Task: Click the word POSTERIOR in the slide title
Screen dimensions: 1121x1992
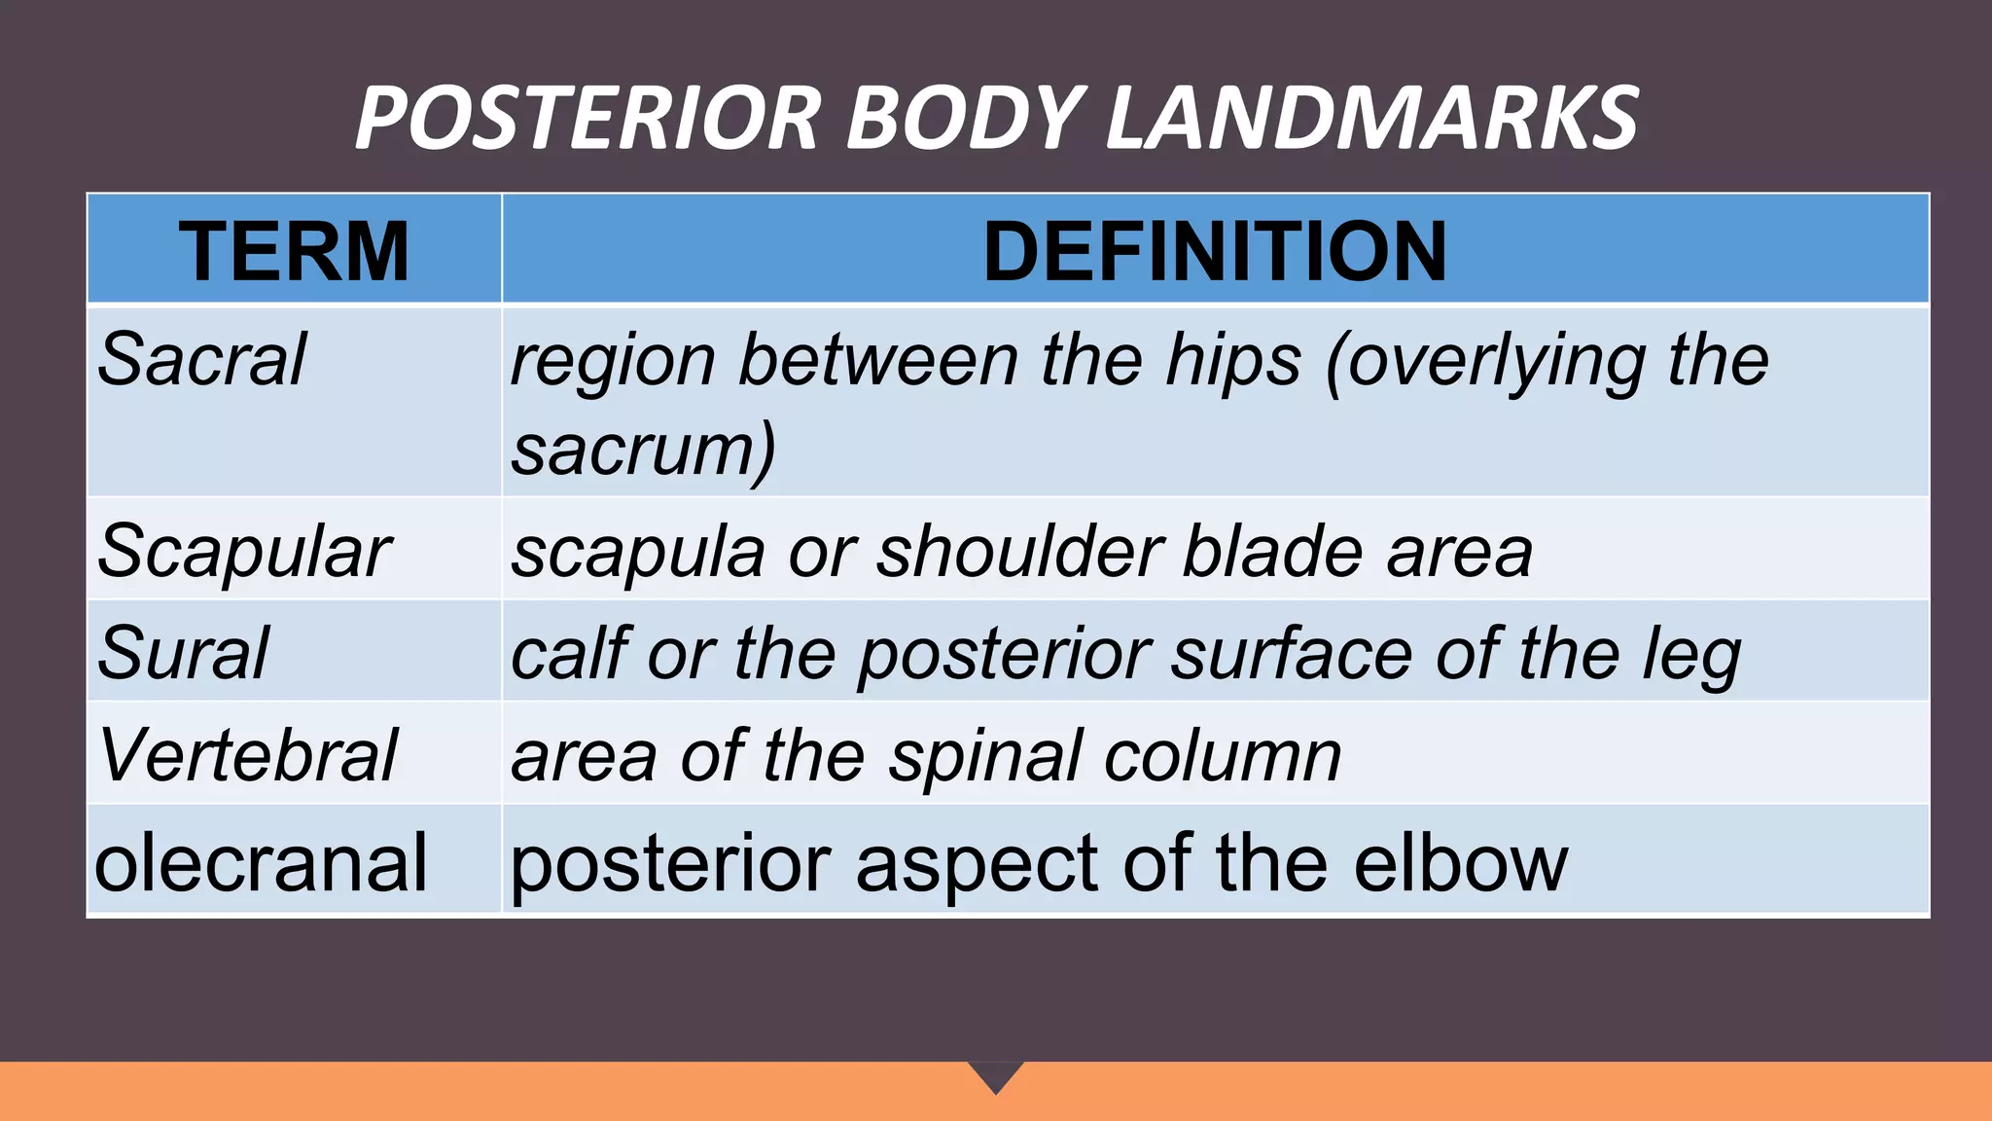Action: click(588, 119)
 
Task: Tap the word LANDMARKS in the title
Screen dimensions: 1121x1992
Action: click(1372, 119)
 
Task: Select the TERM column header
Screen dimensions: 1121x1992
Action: click(294, 251)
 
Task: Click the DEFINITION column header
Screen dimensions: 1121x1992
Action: click(1215, 251)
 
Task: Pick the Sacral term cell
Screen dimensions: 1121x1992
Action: click(202, 360)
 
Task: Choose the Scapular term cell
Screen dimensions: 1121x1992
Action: click(244, 552)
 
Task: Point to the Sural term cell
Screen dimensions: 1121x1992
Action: click(183, 653)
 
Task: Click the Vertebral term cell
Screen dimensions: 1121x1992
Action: click(248, 755)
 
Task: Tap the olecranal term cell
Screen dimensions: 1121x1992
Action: click(261, 863)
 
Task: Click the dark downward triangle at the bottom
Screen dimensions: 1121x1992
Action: click(996, 1074)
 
